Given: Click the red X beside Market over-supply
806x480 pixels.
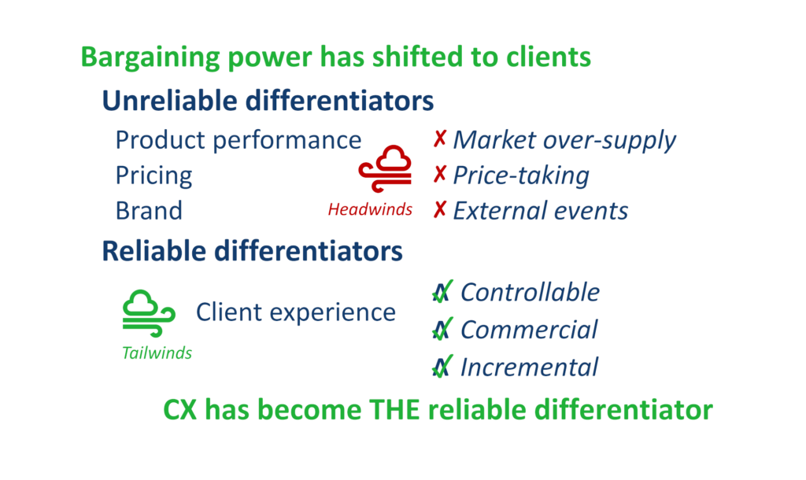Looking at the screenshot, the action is (x=439, y=138).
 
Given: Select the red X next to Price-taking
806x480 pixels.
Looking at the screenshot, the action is (x=439, y=174).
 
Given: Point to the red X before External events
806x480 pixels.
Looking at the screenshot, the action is (x=439, y=209).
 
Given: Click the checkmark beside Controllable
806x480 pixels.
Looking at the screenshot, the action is (x=442, y=291).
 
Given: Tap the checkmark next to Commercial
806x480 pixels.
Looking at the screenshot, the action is (x=442, y=329).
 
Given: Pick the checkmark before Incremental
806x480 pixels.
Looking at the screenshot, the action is (x=442, y=367).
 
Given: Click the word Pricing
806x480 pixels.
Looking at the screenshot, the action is (x=153, y=176).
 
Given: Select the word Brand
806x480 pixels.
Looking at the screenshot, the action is (x=149, y=211).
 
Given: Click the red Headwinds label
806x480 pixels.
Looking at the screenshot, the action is (x=370, y=209).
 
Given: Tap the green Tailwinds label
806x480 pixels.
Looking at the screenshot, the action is (x=157, y=353).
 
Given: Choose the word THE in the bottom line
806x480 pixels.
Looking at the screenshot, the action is (x=397, y=410).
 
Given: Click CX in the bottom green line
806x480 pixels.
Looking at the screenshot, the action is (x=180, y=410).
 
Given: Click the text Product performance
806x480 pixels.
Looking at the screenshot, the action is (x=238, y=141).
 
